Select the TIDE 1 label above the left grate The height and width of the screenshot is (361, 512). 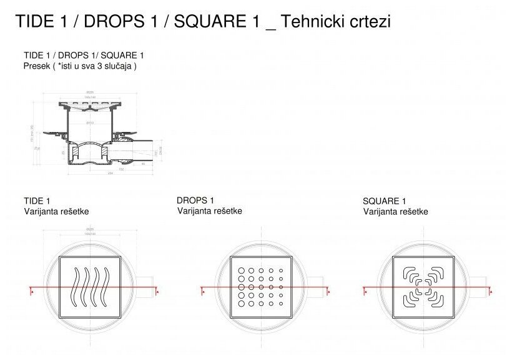37,201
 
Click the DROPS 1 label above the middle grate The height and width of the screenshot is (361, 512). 195,200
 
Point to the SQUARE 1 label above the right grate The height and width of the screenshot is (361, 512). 384,201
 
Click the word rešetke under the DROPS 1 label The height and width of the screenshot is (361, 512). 227,210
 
